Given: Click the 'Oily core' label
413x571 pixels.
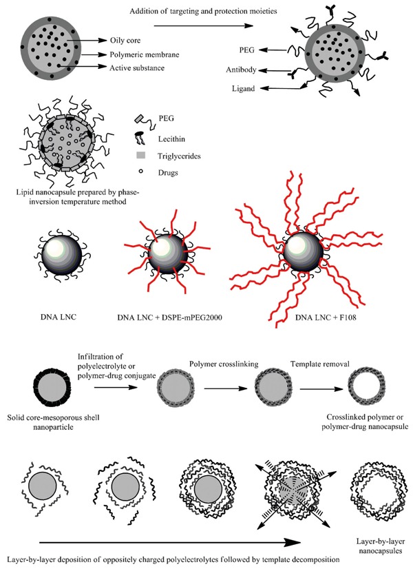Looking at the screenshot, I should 124,40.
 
